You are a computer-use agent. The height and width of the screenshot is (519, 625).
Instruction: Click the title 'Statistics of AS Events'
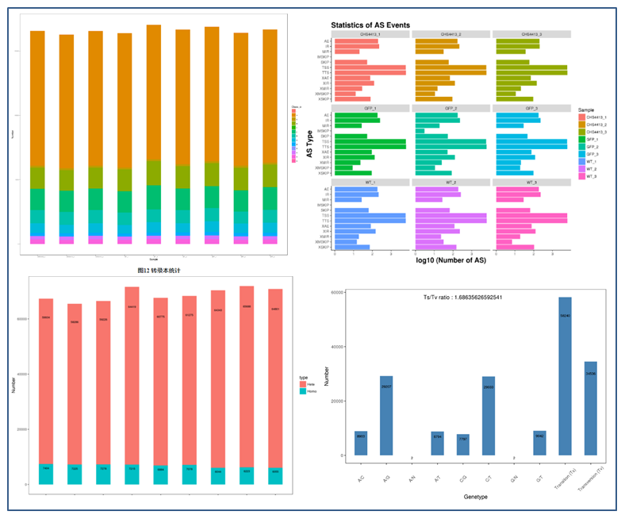pyautogui.click(x=370, y=25)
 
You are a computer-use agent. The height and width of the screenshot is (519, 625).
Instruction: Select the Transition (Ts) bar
pyautogui.click(x=565, y=376)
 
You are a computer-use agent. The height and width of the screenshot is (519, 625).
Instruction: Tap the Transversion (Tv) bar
pyautogui.click(x=591, y=408)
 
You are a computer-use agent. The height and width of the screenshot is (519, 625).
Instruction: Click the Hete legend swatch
pyautogui.click(x=302, y=383)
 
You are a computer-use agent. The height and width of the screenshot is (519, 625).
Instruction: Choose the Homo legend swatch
pyautogui.click(x=302, y=391)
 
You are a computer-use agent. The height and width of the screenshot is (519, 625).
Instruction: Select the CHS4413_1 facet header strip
pyautogui.click(x=370, y=34)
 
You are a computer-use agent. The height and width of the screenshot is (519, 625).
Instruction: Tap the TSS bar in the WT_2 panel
pyautogui.click(x=450, y=215)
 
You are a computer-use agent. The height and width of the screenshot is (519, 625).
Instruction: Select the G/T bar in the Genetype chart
pyautogui.click(x=539, y=443)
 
